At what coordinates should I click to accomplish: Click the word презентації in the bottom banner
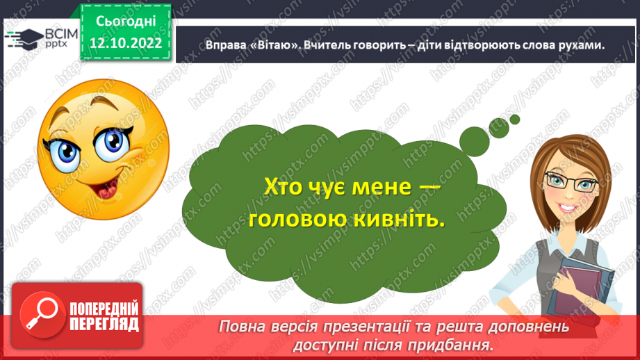(x=375, y=327)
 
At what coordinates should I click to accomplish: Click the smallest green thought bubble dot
(x=515, y=120)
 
